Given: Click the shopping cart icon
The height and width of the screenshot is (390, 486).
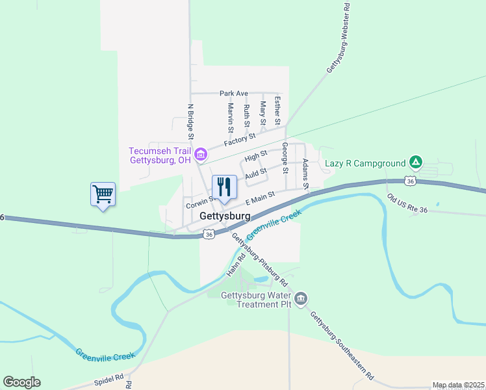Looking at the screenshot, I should pyautogui.click(x=103, y=194).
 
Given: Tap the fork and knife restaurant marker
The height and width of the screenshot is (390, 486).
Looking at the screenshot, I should pyautogui.click(x=224, y=188).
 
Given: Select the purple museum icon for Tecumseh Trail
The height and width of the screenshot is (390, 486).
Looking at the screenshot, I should pyautogui.click(x=201, y=154).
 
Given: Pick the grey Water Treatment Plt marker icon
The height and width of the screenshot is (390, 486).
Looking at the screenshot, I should pyautogui.click(x=301, y=299).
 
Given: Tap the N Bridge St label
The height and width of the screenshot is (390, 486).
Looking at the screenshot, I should pyautogui.click(x=191, y=122).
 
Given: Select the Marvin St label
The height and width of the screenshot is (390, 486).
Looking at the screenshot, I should pyautogui.click(x=231, y=115).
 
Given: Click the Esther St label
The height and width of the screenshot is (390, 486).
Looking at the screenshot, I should pyautogui.click(x=277, y=110).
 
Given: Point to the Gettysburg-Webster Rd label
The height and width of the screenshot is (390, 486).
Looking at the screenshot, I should pyautogui.click(x=339, y=40).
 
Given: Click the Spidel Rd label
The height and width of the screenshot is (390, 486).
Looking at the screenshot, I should pyautogui.click(x=110, y=378).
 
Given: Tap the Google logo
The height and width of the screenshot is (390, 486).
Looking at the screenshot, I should pyautogui.click(x=21, y=382).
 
